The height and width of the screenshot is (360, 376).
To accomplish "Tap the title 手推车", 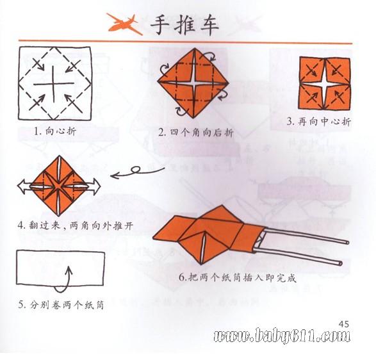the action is click(184, 26).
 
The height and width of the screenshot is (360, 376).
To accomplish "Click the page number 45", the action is click(343, 324).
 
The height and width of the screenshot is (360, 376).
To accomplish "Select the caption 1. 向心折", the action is click(55, 131).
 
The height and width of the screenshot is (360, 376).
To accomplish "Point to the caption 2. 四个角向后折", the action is click(196, 133).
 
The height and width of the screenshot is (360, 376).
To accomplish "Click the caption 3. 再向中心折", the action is click(319, 122).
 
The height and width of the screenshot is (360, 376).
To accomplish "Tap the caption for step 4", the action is click(76, 226).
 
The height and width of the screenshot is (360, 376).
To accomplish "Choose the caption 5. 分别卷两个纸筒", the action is click(61, 305).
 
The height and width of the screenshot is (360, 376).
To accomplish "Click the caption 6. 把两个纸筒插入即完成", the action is click(238, 278).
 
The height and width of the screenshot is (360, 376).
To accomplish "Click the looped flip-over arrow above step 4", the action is click(137, 172).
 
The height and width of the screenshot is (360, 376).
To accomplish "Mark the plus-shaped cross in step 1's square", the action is click(53, 84).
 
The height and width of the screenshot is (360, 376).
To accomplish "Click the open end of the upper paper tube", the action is click(347, 242).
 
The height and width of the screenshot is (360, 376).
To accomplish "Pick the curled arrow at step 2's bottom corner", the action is click(181, 110).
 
